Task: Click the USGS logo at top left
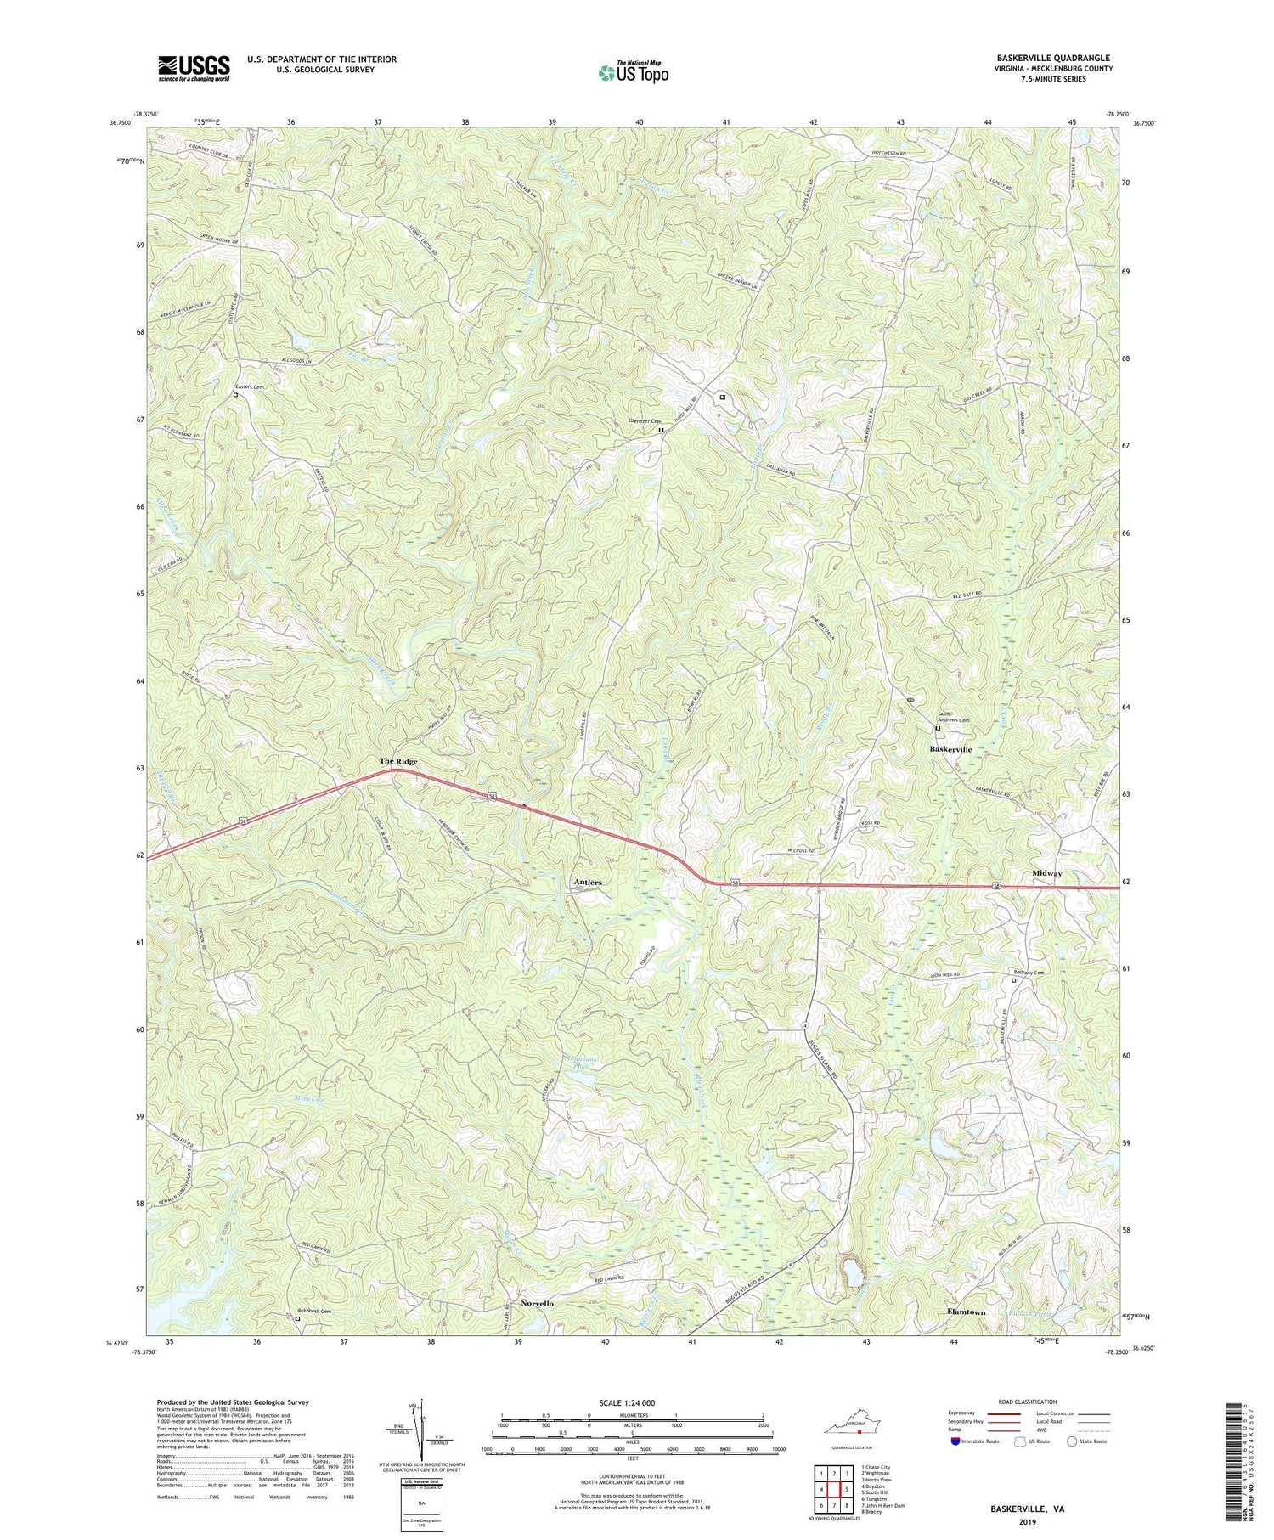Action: click(x=193, y=68)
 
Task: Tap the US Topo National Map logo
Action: click(x=633, y=73)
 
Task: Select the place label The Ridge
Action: click(x=397, y=762)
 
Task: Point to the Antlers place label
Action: click(x=588, y=883)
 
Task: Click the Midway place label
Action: click(x=1047, y=873)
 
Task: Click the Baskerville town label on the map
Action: click(x=950, y=749)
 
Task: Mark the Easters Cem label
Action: click(x=251, y=387)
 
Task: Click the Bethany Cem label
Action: click(x=1028, y=973)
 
